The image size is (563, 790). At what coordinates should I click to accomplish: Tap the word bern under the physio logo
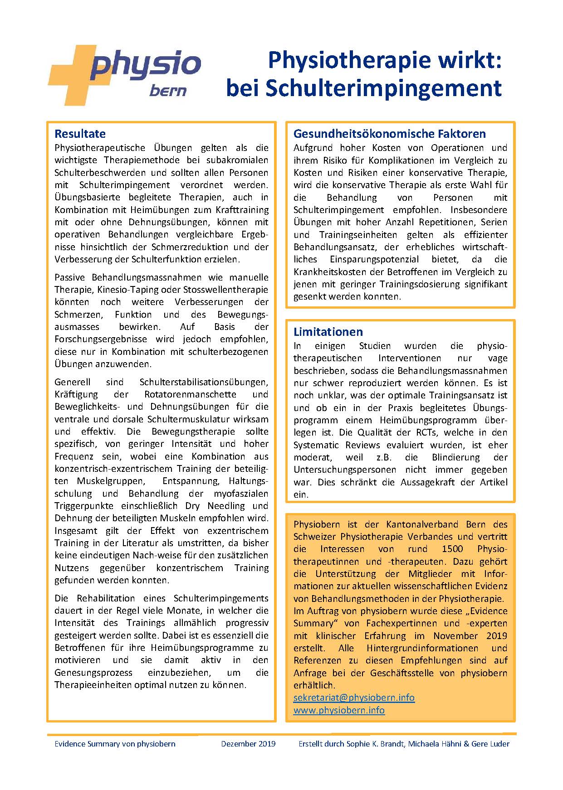pyautogui.click(x=168, y=91)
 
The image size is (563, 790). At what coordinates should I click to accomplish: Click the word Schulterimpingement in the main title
pyautogui.click(x=383, y=88)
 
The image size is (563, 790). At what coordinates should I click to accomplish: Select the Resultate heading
pyautogui.click(x=80, y=134)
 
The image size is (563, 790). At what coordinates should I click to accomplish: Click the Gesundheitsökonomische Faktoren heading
pyautogui.click(x=389, y=134)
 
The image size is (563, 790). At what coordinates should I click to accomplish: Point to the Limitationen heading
pyautogui.click(x=328, y=332)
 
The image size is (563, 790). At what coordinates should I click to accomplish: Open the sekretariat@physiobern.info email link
pyautogui.click(x=354, y=697)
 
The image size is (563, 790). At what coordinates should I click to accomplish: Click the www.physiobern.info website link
pyautogui.click(x=339, y=710)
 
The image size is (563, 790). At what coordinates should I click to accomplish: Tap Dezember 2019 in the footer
pyautogui.click(x=248, y=744)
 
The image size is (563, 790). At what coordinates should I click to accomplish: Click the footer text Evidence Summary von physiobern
pyautogui.click(x=115, y=744)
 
